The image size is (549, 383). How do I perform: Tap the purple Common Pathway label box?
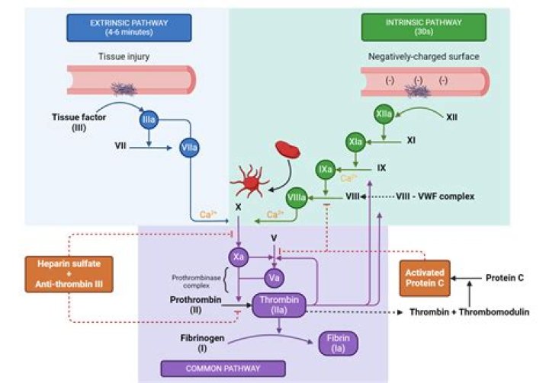tap(223, 369)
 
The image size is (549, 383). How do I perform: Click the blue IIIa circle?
tap(149, 120)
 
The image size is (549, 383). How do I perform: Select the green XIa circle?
tap(355, 142)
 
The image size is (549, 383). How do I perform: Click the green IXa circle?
tap(326, 166)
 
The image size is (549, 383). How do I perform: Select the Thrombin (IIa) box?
tap(279, 305)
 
